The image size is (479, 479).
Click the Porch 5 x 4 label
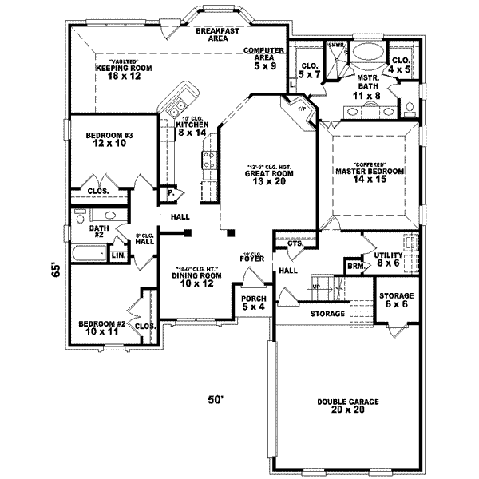[255, 303]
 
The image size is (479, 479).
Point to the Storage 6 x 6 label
[395, 299]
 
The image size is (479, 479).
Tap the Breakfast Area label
[219, 34]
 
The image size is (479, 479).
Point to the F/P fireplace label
[302, 108]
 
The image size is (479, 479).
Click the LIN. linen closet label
[118, 255]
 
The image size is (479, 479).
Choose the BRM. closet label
[354, 266]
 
